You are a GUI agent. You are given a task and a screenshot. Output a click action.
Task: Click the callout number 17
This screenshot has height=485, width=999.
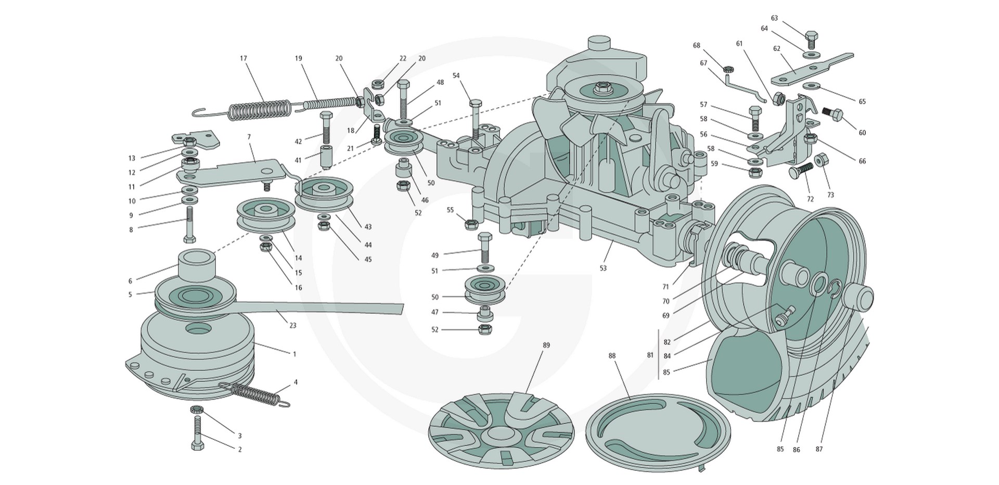point(244,58)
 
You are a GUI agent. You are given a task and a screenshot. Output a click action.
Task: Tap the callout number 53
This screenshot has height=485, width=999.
point(603,269)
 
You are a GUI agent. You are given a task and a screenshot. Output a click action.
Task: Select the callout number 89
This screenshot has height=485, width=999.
point(546,345)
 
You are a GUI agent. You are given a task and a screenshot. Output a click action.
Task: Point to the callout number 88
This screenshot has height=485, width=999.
point(612,355)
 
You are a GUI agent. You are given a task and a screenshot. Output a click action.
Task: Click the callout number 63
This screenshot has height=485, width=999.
point(774,18)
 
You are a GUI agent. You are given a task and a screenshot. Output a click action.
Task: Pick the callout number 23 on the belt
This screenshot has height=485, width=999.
point(293,325)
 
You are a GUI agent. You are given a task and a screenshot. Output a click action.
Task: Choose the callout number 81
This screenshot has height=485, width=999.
point(650,355)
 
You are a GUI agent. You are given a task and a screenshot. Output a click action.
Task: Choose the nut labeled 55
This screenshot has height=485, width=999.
point(470,224)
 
